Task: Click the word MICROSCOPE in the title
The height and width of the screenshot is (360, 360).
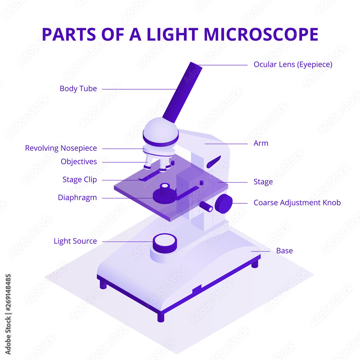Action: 261,34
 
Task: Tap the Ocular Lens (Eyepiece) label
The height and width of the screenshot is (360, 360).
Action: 293,64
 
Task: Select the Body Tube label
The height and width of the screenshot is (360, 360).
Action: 78,89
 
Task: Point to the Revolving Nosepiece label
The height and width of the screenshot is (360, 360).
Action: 61,148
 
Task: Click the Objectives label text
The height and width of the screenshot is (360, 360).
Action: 79,162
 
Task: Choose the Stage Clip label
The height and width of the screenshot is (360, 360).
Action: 80,180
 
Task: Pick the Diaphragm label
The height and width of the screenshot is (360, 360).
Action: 77,198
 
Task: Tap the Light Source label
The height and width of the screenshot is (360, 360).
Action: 75,241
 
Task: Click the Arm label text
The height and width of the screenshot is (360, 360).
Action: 261,143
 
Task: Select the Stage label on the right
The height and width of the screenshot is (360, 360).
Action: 263,182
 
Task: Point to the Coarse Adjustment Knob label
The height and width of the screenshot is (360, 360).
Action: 297,203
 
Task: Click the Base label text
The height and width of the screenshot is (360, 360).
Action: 284,251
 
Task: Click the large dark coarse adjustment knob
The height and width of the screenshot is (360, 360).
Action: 224,204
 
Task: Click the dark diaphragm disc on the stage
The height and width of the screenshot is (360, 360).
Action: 164,195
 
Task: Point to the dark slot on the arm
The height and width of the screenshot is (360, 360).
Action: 213,162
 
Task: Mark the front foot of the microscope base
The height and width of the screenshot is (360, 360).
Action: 161,317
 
